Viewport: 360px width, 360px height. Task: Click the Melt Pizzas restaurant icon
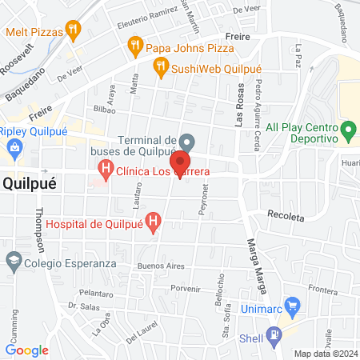tap(74, 31)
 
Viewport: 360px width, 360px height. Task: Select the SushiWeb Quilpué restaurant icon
tap(161, 68)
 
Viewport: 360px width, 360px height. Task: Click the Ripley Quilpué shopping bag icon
tap(14, 147)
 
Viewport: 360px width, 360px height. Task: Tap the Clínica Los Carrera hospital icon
tap(105, 169)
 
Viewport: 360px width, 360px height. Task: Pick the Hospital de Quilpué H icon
tap(154, 219)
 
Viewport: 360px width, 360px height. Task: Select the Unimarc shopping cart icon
tap(292, 306)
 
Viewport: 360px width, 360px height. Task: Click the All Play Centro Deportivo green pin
tap(348, 129)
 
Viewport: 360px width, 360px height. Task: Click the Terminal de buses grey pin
tap(186, 141)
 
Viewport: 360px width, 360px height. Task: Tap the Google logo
tap(27, 350)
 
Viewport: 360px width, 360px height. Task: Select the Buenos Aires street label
tap(161, 265)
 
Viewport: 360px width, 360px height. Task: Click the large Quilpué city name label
tap(29, 182)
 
